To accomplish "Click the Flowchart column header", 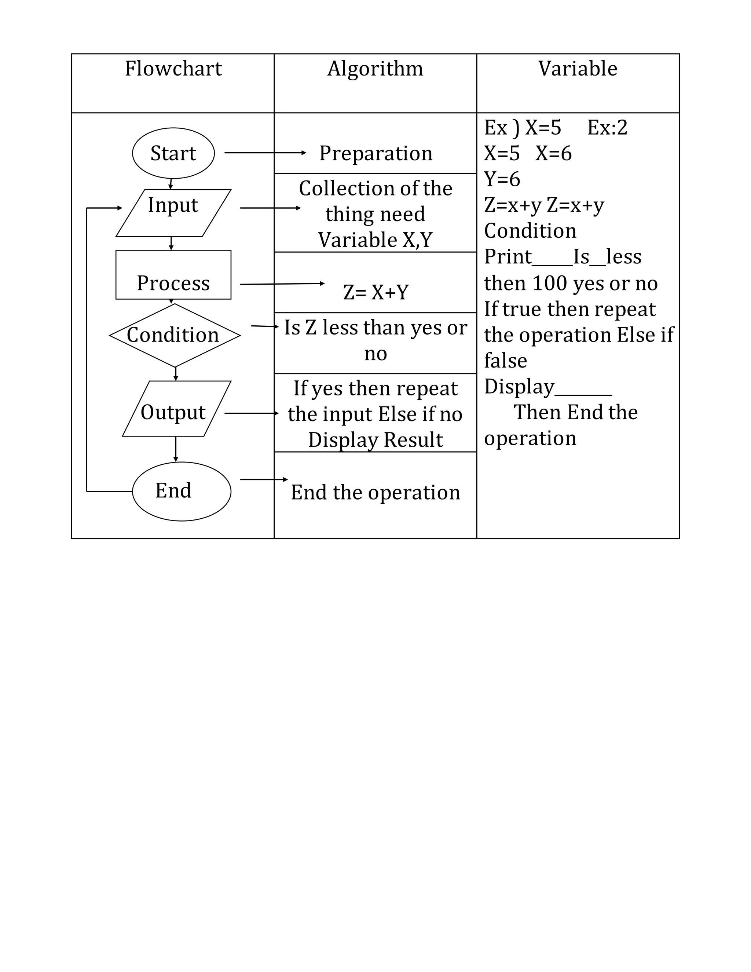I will point(173,69).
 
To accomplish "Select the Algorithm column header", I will point(375,69).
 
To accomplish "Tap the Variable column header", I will point(578,69).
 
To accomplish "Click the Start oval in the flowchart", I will point(173,153).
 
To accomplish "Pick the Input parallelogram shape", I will point(173,212).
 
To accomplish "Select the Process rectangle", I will point(173,275).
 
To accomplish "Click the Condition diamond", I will point(175,335).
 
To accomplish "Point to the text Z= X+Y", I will point(375,292).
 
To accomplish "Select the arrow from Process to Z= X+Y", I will point(282,284).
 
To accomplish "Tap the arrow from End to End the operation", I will point(264,479).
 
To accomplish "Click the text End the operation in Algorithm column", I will point(375,493).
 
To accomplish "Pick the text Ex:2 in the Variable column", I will point(607,128).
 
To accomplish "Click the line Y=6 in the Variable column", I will point(502,179).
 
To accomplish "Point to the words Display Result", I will point(375,440).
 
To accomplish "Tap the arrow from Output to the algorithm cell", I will point(251,413).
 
